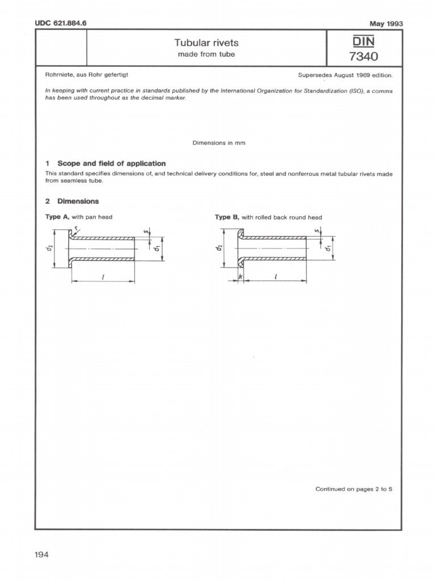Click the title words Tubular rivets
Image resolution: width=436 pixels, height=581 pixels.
click(x=207, y=43)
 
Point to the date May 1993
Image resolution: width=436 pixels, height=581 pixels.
click(x=386, y=23)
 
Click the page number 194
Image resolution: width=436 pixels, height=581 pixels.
click(x=41, y=554)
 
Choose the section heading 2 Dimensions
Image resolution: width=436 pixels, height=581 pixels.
click(x=72, y=201)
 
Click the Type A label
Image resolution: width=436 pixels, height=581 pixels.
click(x=56, y=217)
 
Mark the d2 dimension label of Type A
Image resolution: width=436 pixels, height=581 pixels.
click(x=50, y=248)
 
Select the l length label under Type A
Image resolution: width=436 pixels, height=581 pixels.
click(x=102, y=275)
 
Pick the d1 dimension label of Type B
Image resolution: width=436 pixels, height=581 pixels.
click(x=328, y=248)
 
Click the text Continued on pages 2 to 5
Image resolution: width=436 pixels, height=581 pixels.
click(x=354, y=489)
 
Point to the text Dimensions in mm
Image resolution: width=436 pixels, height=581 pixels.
click(x=219, y=143)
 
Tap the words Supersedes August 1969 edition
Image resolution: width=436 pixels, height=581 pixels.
click(x=345, y=75)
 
